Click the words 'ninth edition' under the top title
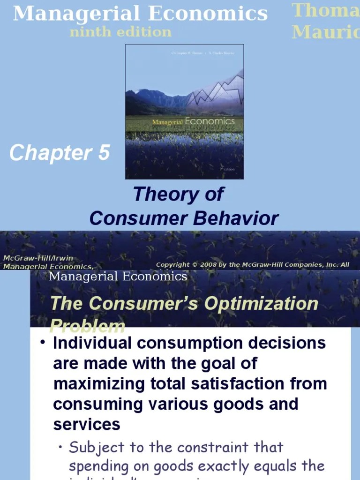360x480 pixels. [120, 32]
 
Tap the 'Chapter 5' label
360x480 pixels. [60, 153]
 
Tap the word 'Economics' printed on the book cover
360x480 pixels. [210, 121]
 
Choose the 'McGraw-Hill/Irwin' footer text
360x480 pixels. [38, 258]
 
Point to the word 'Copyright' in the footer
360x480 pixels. [173, 265]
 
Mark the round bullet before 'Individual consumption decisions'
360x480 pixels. [42, 343]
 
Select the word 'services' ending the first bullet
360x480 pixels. [87, 424]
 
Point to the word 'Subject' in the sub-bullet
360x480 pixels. [99, 447]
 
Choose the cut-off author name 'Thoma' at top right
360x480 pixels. [326, 10]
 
